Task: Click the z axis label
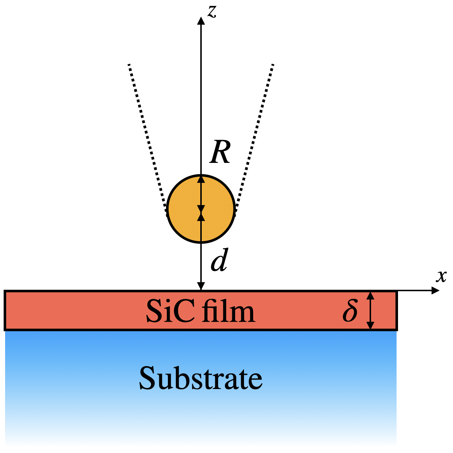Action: tap(212, 11)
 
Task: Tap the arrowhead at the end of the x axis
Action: tap(435, 290)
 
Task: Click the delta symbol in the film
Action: tap(350, 310)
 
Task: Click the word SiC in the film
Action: tap(170, 312)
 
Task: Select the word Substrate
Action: tap(201, 378)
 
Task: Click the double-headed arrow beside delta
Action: tap(370, 310)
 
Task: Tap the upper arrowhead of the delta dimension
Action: tap(370, 295)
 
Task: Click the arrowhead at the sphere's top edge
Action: tap(201, 179)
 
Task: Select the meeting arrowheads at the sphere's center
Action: tap(201, 212)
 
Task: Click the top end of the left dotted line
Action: tap(129, 65)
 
